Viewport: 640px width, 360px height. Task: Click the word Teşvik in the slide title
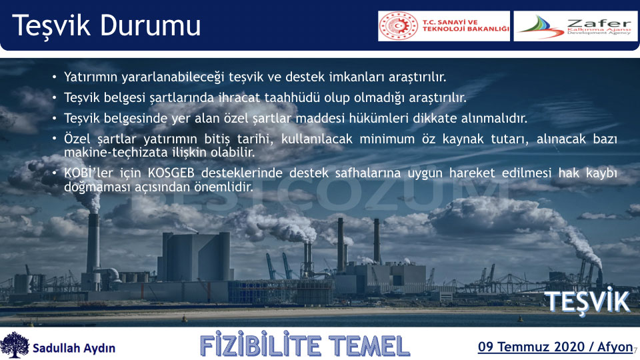tap(51, 26)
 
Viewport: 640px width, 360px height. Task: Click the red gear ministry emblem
tap(399, 26)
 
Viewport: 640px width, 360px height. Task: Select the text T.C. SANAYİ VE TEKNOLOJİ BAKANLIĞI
tap(466, 26)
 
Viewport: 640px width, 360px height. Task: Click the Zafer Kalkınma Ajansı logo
tap(575, 26)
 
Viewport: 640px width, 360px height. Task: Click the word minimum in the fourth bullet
tap(387, 139)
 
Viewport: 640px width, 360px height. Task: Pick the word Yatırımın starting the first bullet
tap(91, 77)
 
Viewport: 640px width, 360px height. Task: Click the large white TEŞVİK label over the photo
tap(587, 301)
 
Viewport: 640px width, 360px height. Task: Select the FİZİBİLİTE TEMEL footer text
tap(305, 346)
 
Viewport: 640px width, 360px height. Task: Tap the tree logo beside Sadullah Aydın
tap(15, 345)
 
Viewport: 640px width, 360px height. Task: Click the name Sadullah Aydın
tap(74, 348)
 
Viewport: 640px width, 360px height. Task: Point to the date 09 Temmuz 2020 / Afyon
tap(555, 347)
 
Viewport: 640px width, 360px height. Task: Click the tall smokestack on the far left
tap(93, 244)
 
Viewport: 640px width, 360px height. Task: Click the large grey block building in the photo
tap(196, 256)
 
